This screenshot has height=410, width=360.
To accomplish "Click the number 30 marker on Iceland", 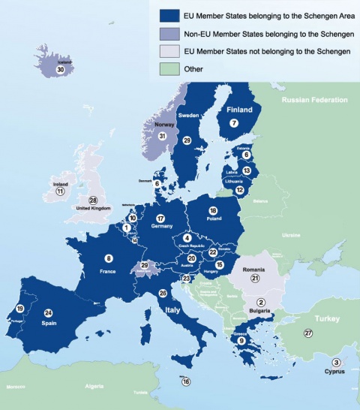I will pyautogui.click(x=59, y=69).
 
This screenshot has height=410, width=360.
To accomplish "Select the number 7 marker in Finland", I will pyautogui.click(x=234, y=122).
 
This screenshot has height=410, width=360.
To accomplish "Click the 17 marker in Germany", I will pyautogui.click(x=160, y=219).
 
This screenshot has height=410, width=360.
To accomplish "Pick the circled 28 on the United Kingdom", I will pyautogui.click(x=93, y=200).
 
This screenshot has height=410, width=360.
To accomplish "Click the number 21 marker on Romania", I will pyautogui.click(x=254, y=278).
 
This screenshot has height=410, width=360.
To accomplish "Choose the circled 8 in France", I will pyautogui.click(x=109, y=258).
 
